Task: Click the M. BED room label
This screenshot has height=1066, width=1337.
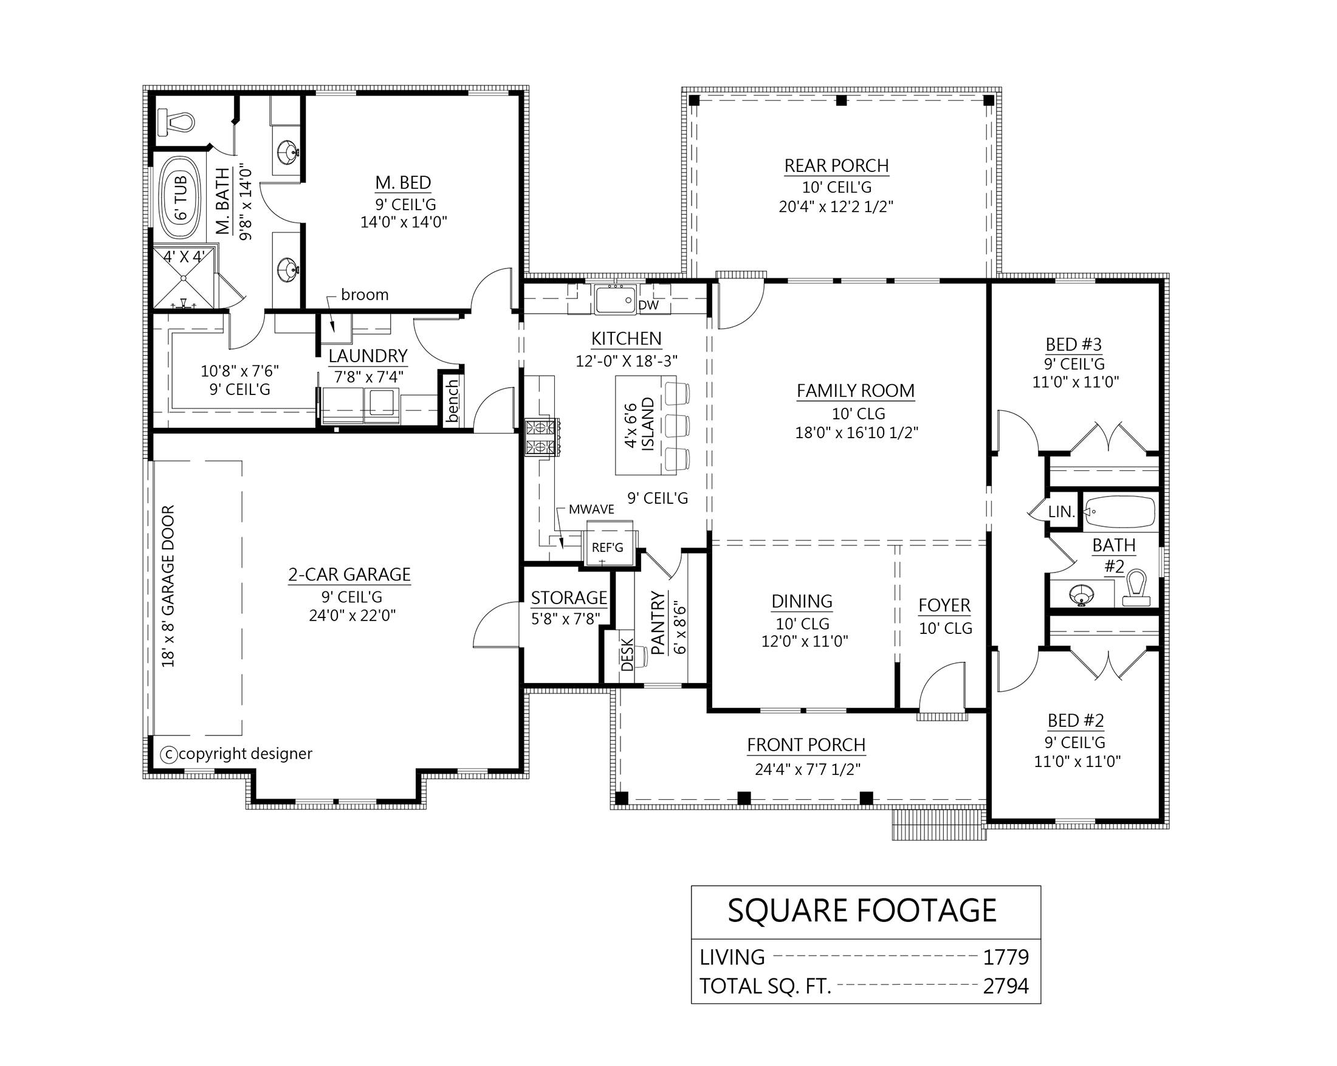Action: [x=403, y=182]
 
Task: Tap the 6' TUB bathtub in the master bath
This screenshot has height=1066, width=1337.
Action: [x=180, y=197]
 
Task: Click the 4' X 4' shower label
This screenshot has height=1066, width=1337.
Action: [x=184, y=256]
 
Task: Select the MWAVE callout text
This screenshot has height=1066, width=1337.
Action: [x=591, y=509]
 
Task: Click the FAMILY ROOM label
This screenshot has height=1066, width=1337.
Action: [x=855, y=391]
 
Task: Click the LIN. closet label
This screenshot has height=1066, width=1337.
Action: [x=1061, y=512]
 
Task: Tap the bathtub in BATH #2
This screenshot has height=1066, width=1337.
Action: [x=1120, y=512]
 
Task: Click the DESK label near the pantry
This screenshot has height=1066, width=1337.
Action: [x=627, y=654]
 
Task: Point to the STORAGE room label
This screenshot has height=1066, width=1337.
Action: [x=569, y=598]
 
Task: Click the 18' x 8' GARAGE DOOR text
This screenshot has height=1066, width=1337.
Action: [x=168, y=586]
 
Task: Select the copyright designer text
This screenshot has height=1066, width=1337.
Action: [x=245, y=754]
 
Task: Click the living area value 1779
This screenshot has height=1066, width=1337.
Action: [x=1006, y=957]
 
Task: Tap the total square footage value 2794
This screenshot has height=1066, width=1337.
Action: [x=1006, y=986]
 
